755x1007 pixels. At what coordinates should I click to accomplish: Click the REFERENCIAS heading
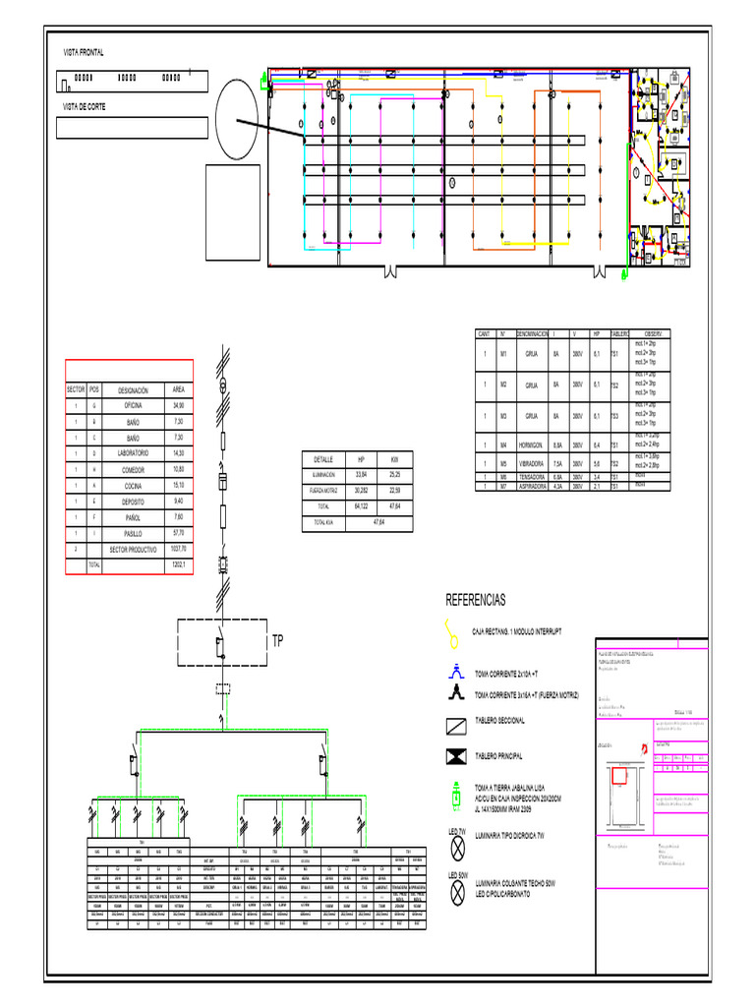(476, 600)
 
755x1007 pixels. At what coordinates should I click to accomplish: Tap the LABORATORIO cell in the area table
(134, 453)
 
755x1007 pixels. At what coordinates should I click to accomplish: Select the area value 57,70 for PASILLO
(178, 532)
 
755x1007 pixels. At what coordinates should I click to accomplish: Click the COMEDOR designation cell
(134, 469)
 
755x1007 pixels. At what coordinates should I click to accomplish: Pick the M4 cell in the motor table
(503, 444)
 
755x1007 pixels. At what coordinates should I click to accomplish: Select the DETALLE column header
(324, 459)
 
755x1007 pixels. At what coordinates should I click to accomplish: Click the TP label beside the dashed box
(277, 640)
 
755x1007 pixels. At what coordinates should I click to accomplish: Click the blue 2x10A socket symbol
(455, 673)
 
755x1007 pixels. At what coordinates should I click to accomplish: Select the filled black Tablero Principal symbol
(455, 755)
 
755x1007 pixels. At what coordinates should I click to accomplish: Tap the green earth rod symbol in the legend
(455, 795)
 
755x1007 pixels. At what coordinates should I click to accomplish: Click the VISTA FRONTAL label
(84, 52)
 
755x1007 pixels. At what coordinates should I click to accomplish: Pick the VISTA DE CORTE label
(85, 106)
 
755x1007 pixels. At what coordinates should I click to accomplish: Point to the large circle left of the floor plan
(237, 118)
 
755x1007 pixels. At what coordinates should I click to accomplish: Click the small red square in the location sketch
(620, 776)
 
